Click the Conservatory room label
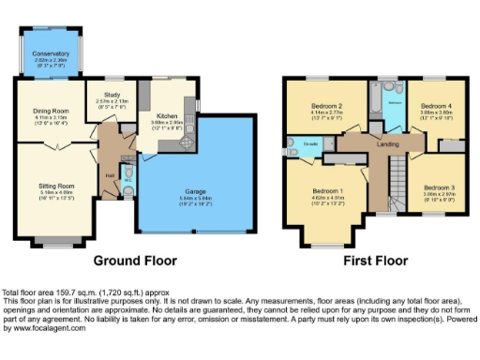[50, 54]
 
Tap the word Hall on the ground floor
[110, 175]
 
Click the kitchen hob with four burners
[145, 95]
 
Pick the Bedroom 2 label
[326, 106]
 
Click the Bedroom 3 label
[436, 187]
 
